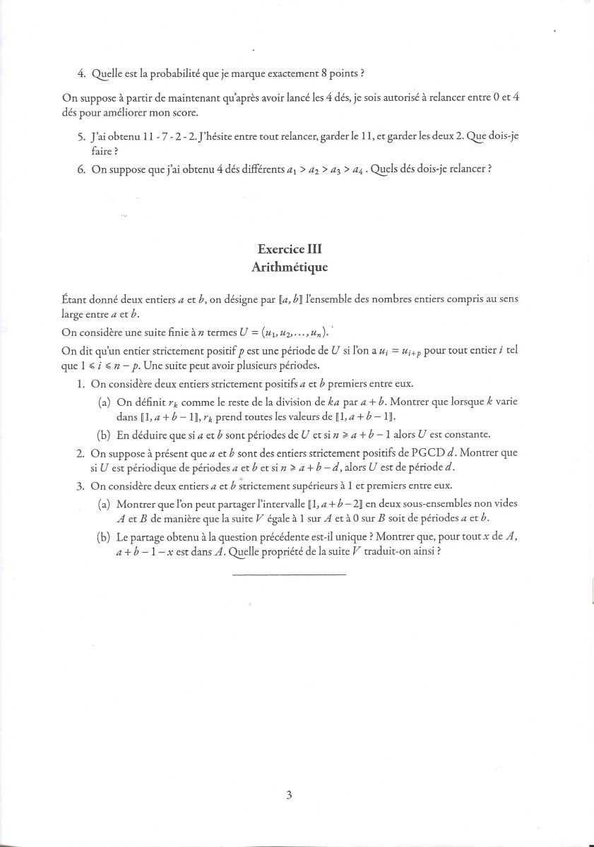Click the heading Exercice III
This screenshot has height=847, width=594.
click(290, 249)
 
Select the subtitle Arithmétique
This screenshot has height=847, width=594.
click(290, 268)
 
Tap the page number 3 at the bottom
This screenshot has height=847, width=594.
click(289, 795)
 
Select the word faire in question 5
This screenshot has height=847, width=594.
click(103, 151)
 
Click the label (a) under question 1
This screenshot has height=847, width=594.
click(104, 402)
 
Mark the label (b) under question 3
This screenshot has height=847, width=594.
click(104, 537)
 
